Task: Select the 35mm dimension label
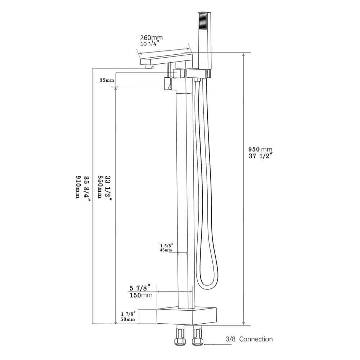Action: [107, 80]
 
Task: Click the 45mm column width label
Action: [166, 250]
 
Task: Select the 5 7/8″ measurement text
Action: [142, 288]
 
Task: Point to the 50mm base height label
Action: [128, 319]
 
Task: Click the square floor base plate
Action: [187, 316]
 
